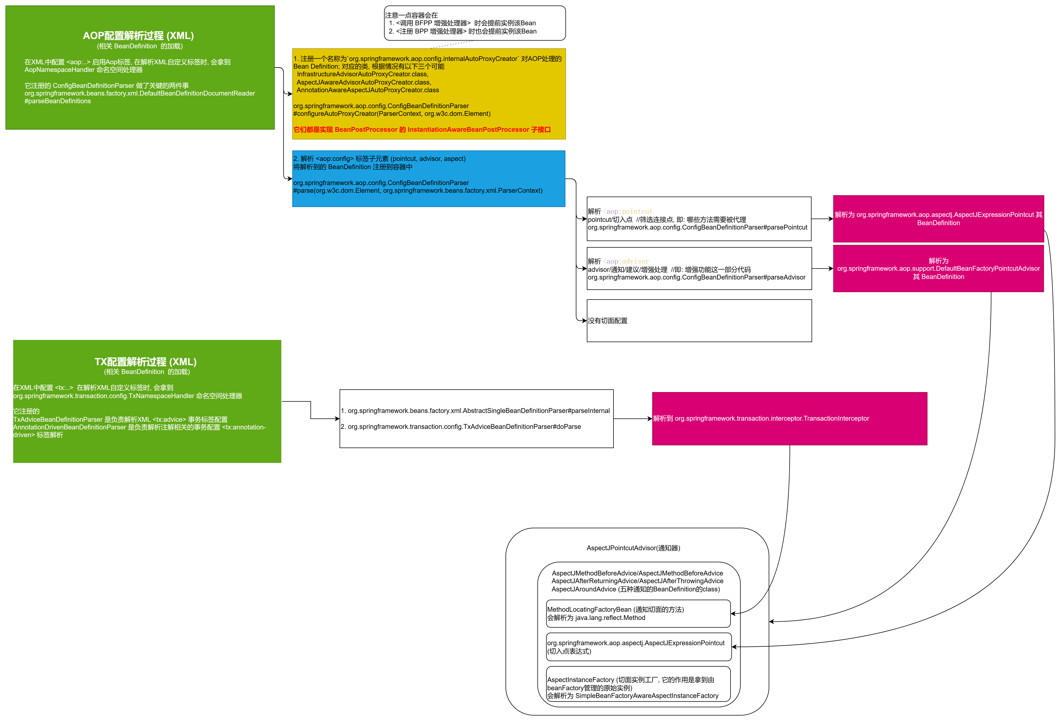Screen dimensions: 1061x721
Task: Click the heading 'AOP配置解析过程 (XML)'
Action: point(138,36)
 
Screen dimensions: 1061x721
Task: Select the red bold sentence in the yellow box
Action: point(422,130)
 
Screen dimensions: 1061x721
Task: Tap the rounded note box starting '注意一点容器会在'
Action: point(475,23)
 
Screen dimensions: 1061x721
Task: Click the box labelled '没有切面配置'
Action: point(699,320)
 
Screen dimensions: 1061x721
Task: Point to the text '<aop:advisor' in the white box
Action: point(626,261)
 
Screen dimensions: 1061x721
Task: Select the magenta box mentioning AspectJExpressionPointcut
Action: point(938,219)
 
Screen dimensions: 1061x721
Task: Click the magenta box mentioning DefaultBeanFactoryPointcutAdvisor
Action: point(938,268)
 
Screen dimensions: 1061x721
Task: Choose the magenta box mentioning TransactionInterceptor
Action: point(789,418)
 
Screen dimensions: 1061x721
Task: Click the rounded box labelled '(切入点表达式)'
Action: point(639,647)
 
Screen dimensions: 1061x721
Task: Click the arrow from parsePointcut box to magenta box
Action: point(822,219)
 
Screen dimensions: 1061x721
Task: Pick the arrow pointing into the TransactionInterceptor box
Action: point(633,418)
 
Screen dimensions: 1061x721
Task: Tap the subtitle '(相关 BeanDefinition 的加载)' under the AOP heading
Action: point(140,46)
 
